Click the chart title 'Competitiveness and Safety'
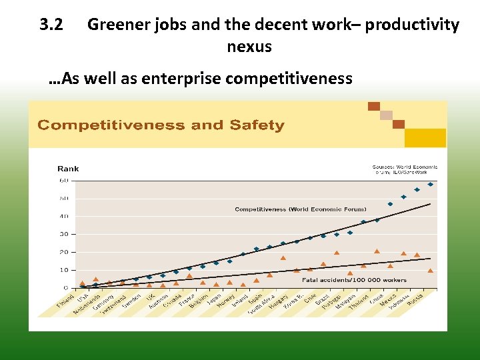point(160,125)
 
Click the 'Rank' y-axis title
point(68,169)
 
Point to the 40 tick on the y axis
point(64,216)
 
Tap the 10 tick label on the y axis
point(64,270)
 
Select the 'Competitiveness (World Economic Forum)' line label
point(300,209)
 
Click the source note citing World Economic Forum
point(405,169)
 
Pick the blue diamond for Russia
point(431,184)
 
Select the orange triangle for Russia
point(431,271)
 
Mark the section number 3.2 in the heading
point(51,25)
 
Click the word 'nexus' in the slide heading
point(249,47)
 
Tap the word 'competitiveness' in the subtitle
point(289,79)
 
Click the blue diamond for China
point(377,220)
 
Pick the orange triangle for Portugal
point(337,253)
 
